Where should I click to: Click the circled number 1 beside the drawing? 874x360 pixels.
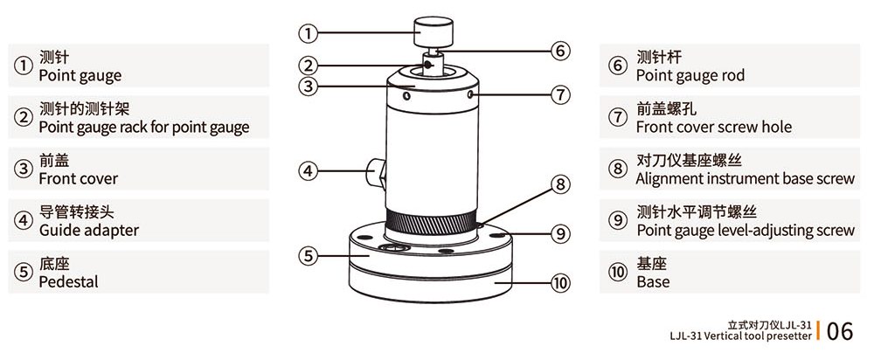tap(308, 34)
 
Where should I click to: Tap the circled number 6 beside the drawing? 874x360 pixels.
tap(560, 51)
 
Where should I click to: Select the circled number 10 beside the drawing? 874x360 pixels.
tap(560, 284)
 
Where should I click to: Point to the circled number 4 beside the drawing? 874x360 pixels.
tap(308, 171)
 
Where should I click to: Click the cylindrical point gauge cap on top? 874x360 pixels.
tap(433, 33)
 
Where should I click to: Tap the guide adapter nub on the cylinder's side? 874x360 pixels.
tap(376, 172)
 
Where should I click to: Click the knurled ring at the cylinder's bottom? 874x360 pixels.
tap(431, 225)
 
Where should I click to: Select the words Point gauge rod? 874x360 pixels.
tap(690, 75)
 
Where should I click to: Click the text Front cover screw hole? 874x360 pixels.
tap(713, 127)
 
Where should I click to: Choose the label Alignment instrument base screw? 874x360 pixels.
tap(745, 179)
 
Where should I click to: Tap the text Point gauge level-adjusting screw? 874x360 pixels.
tap(746, 230)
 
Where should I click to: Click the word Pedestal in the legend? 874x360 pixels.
tap(68, 282)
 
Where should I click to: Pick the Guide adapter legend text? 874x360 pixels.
tap(88, 230)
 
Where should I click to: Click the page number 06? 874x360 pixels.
tap(839, 331)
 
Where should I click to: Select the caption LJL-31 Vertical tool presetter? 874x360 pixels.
tap(741, 336)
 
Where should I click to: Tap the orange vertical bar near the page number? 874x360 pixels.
tap(818, 330)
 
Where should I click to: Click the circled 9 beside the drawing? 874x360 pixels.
tap(560, 233)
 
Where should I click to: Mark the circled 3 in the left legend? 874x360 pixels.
tap(23, 169)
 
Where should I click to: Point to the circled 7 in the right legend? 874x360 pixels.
tap(617, 118)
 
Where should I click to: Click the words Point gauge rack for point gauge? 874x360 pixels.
tap(144, 128)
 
